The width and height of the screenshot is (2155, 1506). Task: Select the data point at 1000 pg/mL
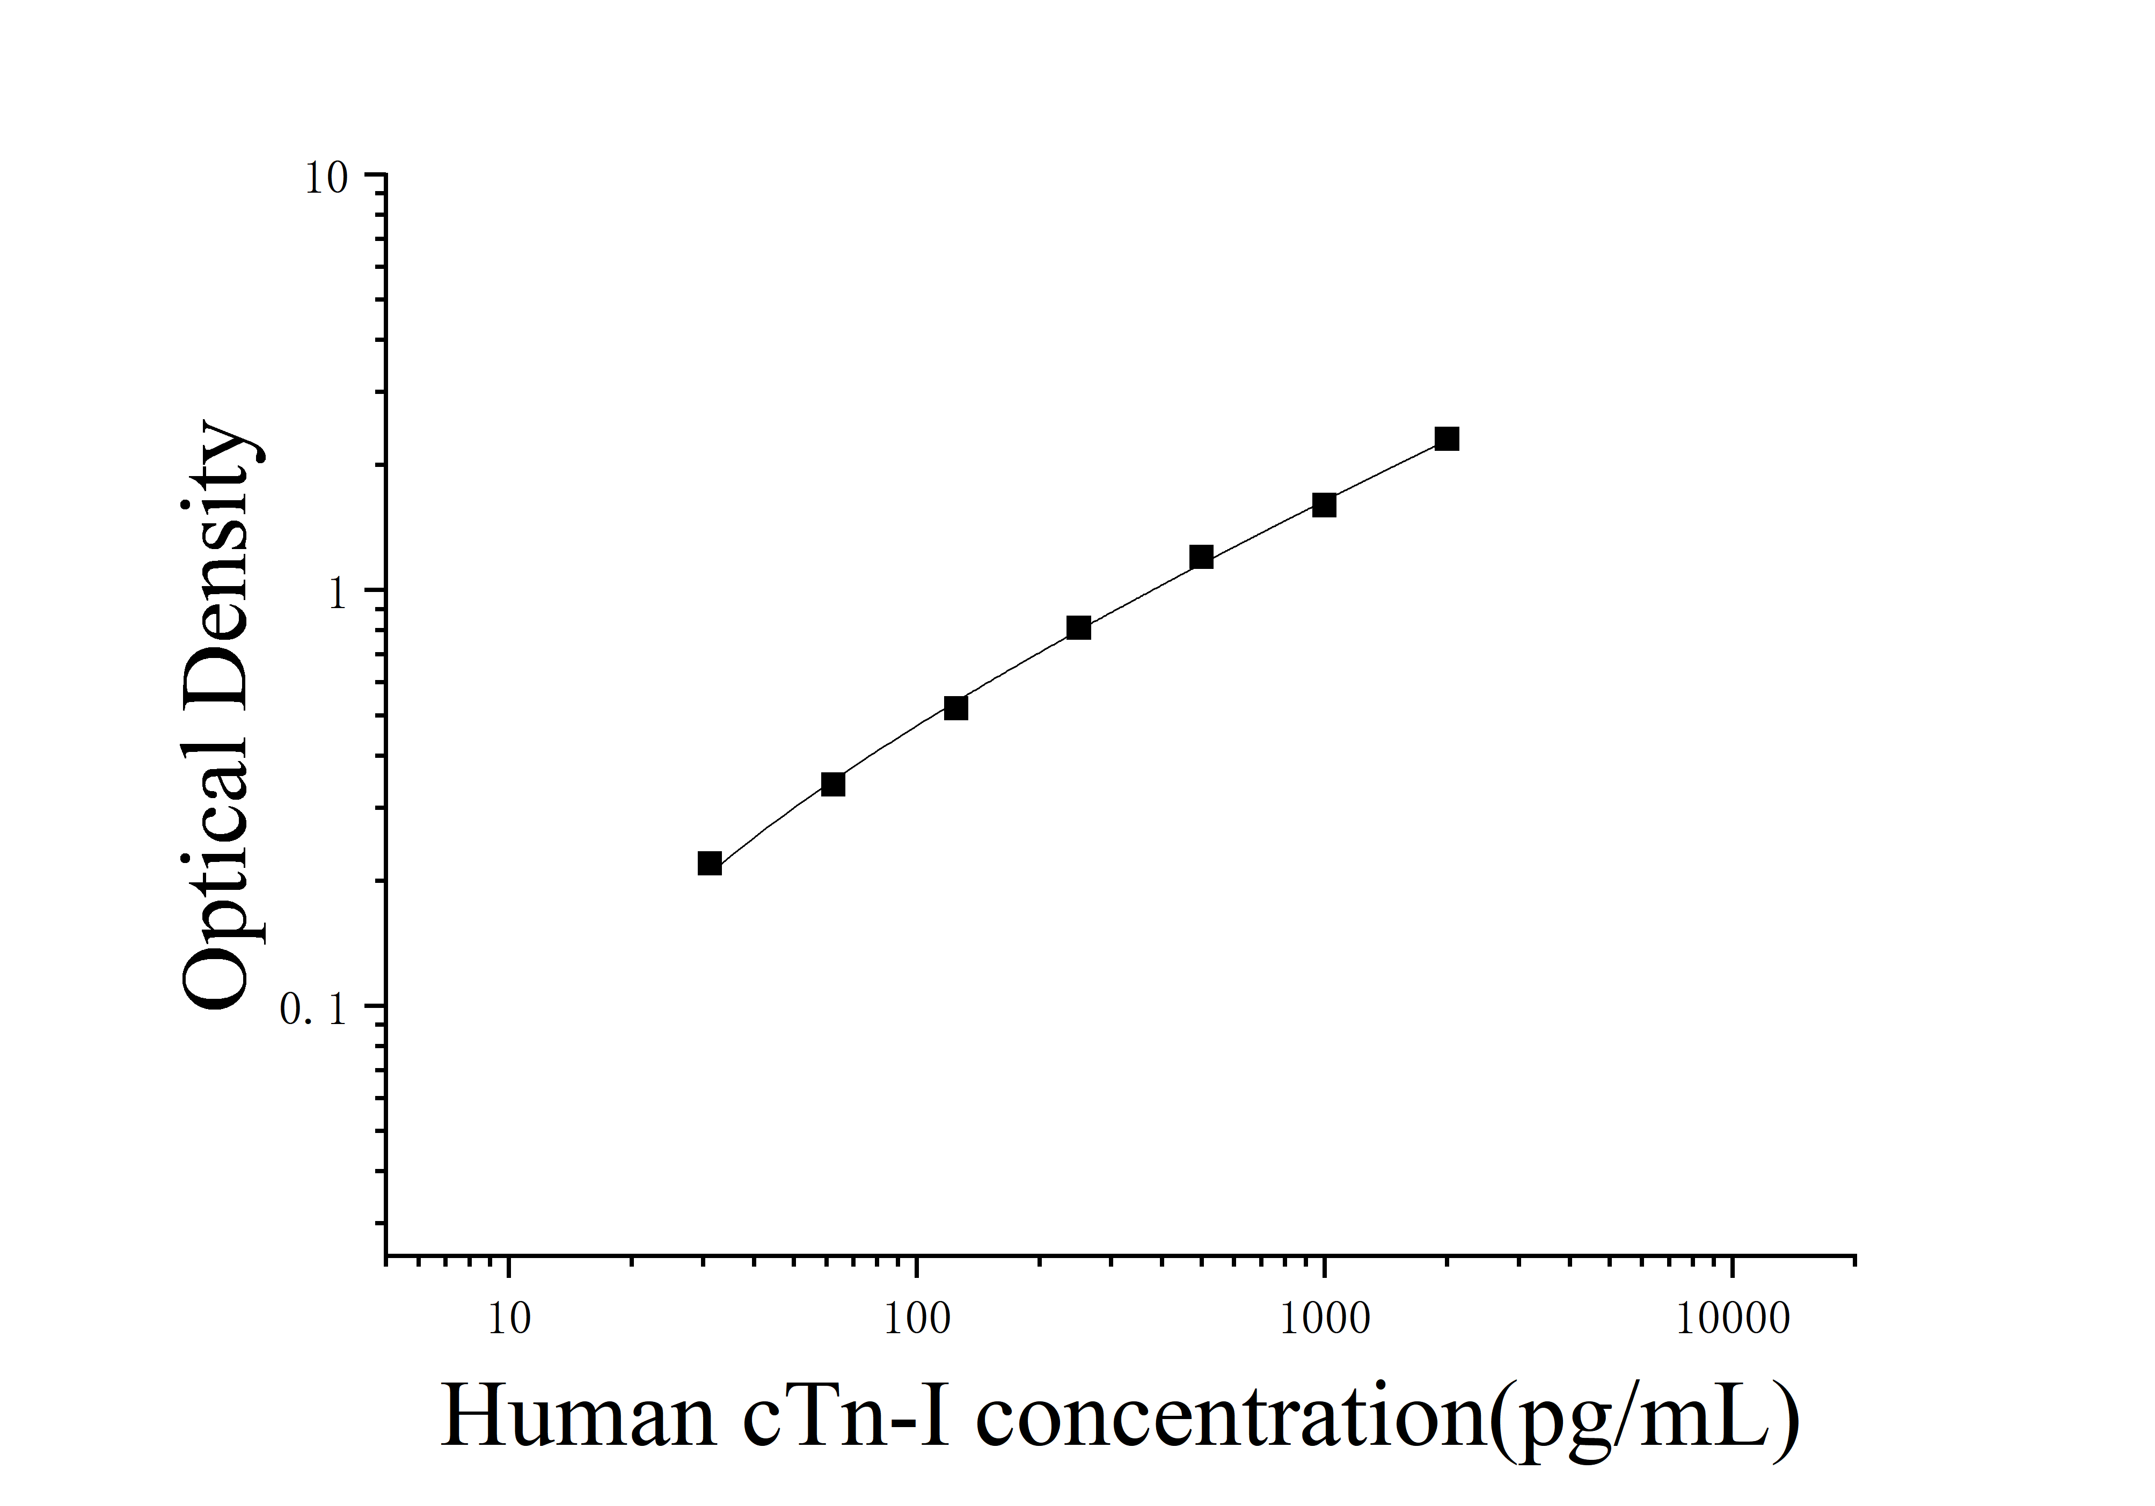point(1324,505)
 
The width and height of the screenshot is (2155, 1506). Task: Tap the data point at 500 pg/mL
point(1201,557)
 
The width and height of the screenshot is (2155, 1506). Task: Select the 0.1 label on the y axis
point(313,1008)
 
